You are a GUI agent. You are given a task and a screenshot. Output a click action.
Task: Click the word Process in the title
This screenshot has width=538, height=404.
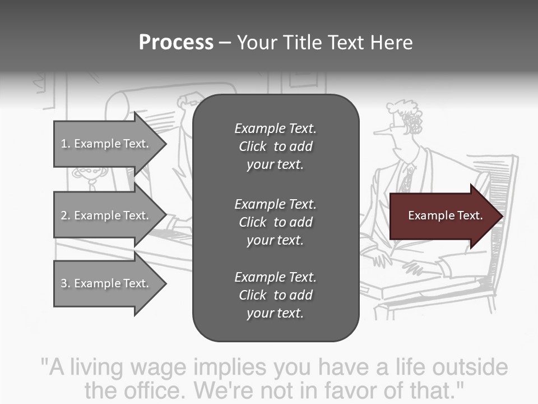(x=176, y=43)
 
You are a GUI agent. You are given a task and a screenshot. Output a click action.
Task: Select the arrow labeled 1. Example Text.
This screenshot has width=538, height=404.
(x=105, y=144)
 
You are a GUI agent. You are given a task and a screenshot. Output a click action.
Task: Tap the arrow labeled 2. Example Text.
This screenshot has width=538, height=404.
(x=105, y=215)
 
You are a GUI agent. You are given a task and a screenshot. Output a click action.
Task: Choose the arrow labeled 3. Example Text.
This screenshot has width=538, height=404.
(x=105, y=283)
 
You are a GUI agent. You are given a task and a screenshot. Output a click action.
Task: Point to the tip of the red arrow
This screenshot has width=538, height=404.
(x=501, y=216)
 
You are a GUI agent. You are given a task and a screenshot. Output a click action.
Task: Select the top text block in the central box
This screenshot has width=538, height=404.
(x=275, y=146)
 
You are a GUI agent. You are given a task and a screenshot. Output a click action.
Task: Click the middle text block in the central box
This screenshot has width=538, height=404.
(x=275, y=222)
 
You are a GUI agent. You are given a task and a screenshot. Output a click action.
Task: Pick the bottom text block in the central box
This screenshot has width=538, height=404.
(x=275, y=295)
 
